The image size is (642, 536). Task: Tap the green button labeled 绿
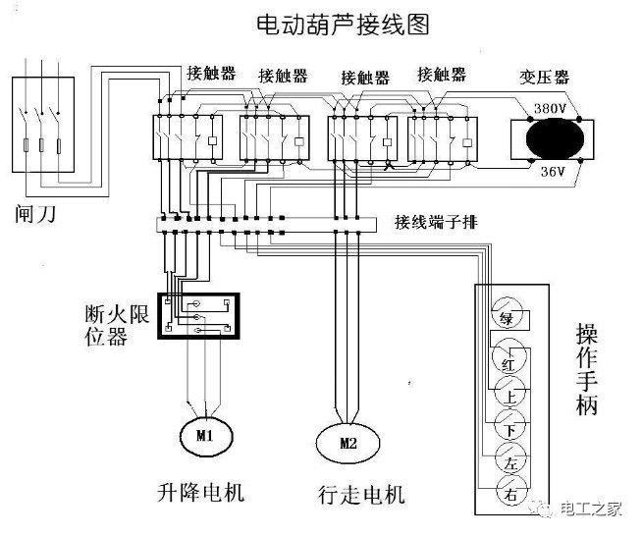point(508,318)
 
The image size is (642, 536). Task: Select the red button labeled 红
point(508,362)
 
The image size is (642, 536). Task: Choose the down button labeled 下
point(508,430)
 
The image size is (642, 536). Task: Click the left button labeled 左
point(508,462)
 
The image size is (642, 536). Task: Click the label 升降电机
point(200,492)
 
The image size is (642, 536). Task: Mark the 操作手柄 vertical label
point(586,369)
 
